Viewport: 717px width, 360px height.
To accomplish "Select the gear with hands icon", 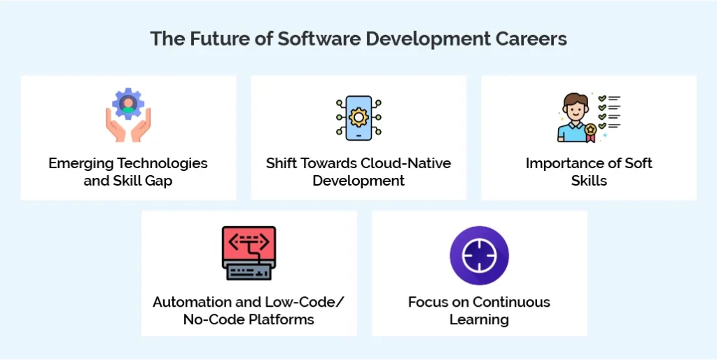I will tap(128, 115).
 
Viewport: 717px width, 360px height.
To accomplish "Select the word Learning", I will tap(479, 320).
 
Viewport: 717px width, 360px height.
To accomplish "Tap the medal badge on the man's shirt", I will tap(590, 130).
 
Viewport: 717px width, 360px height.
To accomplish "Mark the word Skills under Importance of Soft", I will tap(588, 181).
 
